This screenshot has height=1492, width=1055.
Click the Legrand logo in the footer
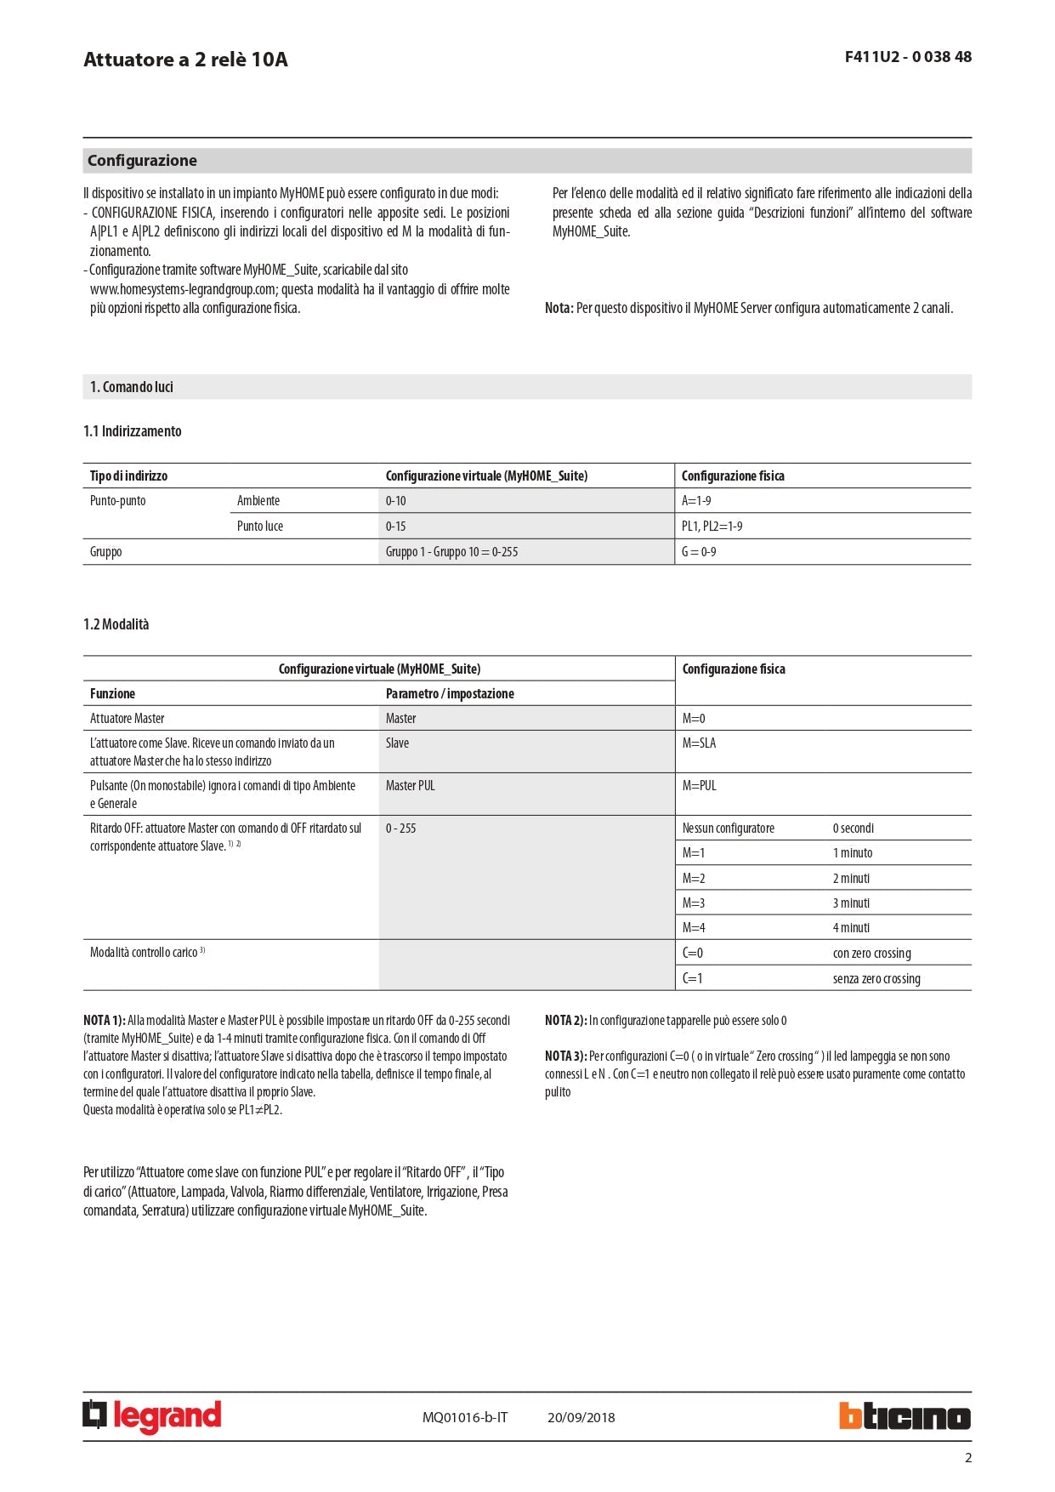(x=152, y=1415)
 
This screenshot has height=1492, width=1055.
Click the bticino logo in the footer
(x=905, y=1415)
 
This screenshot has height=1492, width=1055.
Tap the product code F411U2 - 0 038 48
(x=908, y=57)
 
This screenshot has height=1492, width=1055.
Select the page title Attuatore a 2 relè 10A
(x=185, y=60)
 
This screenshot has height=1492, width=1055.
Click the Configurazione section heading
(x=142, y=161)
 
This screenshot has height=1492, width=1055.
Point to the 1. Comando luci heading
(x=132, y=387)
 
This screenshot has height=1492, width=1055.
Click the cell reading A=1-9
(x=696, y=501)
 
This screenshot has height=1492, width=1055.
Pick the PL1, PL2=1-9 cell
(x=712, y=527)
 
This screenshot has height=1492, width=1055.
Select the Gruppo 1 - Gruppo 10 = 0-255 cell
(x=451, y=552)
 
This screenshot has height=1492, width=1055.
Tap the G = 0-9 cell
(x=699, y=552)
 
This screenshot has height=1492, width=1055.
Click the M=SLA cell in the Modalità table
(x=699, y=743)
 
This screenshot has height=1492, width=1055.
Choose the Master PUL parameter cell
(x=410, y=786)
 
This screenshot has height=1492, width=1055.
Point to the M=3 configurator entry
(x=694, y=903)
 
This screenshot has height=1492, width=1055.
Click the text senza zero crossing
(x=876, y=979)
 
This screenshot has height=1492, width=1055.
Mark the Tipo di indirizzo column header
(x=128, y=476)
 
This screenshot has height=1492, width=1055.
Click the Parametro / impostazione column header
(x=450, y=694)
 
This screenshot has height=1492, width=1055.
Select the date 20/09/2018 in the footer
(x=581, y=1417)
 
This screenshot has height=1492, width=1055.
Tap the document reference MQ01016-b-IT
(x=465, y=1417)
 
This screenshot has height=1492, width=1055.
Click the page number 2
(x=967, y=1458)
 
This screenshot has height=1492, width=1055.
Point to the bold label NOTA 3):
(x=565, y=1056)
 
